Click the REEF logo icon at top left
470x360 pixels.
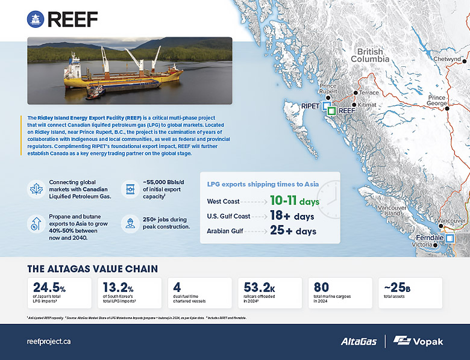tap(35, 19)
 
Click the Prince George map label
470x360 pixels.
tap(436, 101)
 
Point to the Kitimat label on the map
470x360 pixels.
tap(367, 105)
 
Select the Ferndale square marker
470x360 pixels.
tap(450, 238)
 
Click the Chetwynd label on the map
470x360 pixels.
tap(446, 60)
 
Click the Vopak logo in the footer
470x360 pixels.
tap(418, 341)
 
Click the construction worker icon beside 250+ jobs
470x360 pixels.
tap(129, 224)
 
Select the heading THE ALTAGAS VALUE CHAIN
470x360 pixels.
tap(93, 268)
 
